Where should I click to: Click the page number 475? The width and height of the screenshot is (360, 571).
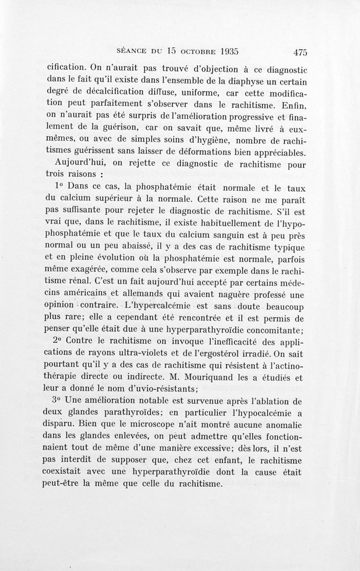(x=299, y=51)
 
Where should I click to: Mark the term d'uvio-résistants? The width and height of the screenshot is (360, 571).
(x=158, y=388)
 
